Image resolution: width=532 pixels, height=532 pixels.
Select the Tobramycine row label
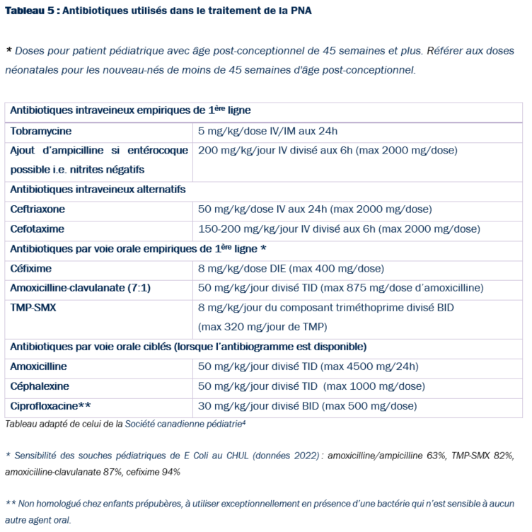(x=41, y=131)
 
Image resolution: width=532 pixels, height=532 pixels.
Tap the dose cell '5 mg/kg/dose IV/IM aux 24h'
(x=267, y=131)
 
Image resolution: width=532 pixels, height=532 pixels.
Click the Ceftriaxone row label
(x=37, y=209)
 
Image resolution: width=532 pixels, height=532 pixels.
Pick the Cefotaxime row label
(x=37, y=229)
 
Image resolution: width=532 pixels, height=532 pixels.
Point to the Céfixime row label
(x=31, y=269)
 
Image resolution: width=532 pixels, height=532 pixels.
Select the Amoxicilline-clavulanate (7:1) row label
(x=80, y=288)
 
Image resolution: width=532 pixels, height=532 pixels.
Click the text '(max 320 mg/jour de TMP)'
(x=262, y=328)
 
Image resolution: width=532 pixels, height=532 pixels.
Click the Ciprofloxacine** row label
(x=50, y=406)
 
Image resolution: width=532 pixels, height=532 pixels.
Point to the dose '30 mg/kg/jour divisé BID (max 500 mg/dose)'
(x=307, y=406)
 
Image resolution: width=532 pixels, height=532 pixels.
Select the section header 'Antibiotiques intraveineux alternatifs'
(x=98, y=190)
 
